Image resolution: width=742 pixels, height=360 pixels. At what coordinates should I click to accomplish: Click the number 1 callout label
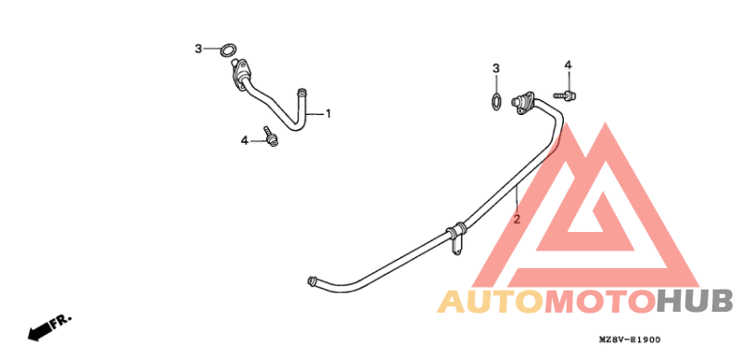327,114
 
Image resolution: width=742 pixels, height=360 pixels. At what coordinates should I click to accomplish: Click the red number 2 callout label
517,220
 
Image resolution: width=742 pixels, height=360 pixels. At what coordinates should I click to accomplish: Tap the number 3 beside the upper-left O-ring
198,48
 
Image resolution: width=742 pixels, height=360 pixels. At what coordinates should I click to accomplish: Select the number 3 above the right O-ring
496,69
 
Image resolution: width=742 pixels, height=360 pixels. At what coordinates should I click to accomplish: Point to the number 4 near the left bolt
245,140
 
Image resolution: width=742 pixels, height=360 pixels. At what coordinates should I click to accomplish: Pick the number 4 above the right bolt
568,65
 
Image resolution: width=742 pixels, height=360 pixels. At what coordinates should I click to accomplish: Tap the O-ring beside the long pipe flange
497,100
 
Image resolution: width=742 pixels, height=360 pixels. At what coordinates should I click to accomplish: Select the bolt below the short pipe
270,137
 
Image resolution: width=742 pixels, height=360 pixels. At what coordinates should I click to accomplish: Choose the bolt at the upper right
566,95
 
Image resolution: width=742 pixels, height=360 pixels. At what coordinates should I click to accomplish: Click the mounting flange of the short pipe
244,71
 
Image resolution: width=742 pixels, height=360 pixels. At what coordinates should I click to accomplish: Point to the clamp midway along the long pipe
455,231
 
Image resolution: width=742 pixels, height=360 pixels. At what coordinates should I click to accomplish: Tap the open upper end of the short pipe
301,91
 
